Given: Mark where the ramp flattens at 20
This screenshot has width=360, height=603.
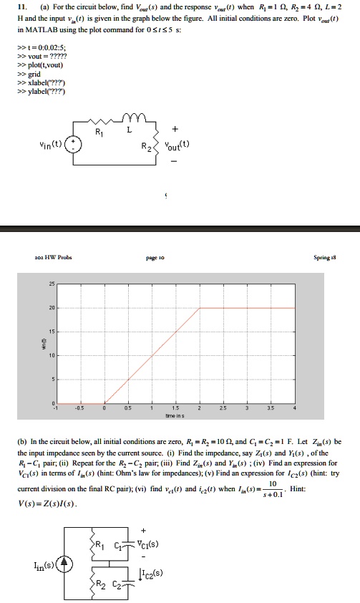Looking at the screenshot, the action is pos(199,309).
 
